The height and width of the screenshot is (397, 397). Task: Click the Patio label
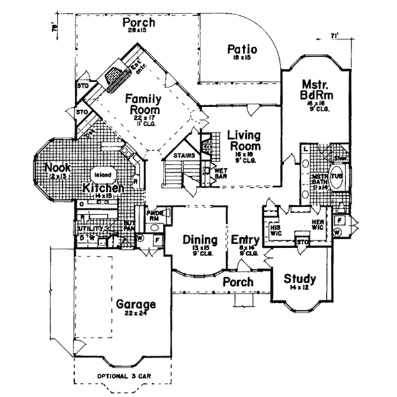point(242,49)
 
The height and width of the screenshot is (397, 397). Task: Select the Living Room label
point(243,140)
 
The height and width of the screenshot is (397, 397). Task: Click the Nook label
point(57,167)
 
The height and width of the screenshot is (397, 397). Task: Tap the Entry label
point(243,239)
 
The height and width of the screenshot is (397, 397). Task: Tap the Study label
point(300,279)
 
